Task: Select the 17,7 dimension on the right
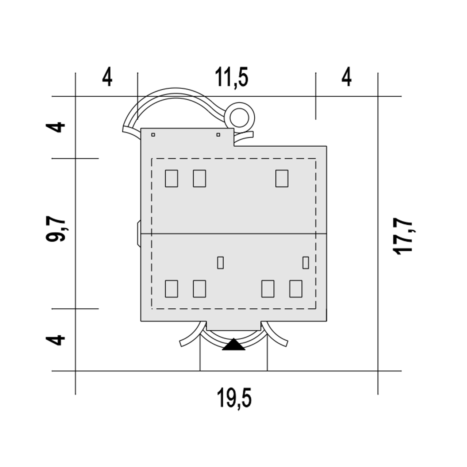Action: (x=402, y=236)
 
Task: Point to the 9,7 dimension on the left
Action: (x=55, y=229)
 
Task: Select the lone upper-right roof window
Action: (x=282, y=178)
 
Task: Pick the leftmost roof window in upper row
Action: (x=171, y=178)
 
